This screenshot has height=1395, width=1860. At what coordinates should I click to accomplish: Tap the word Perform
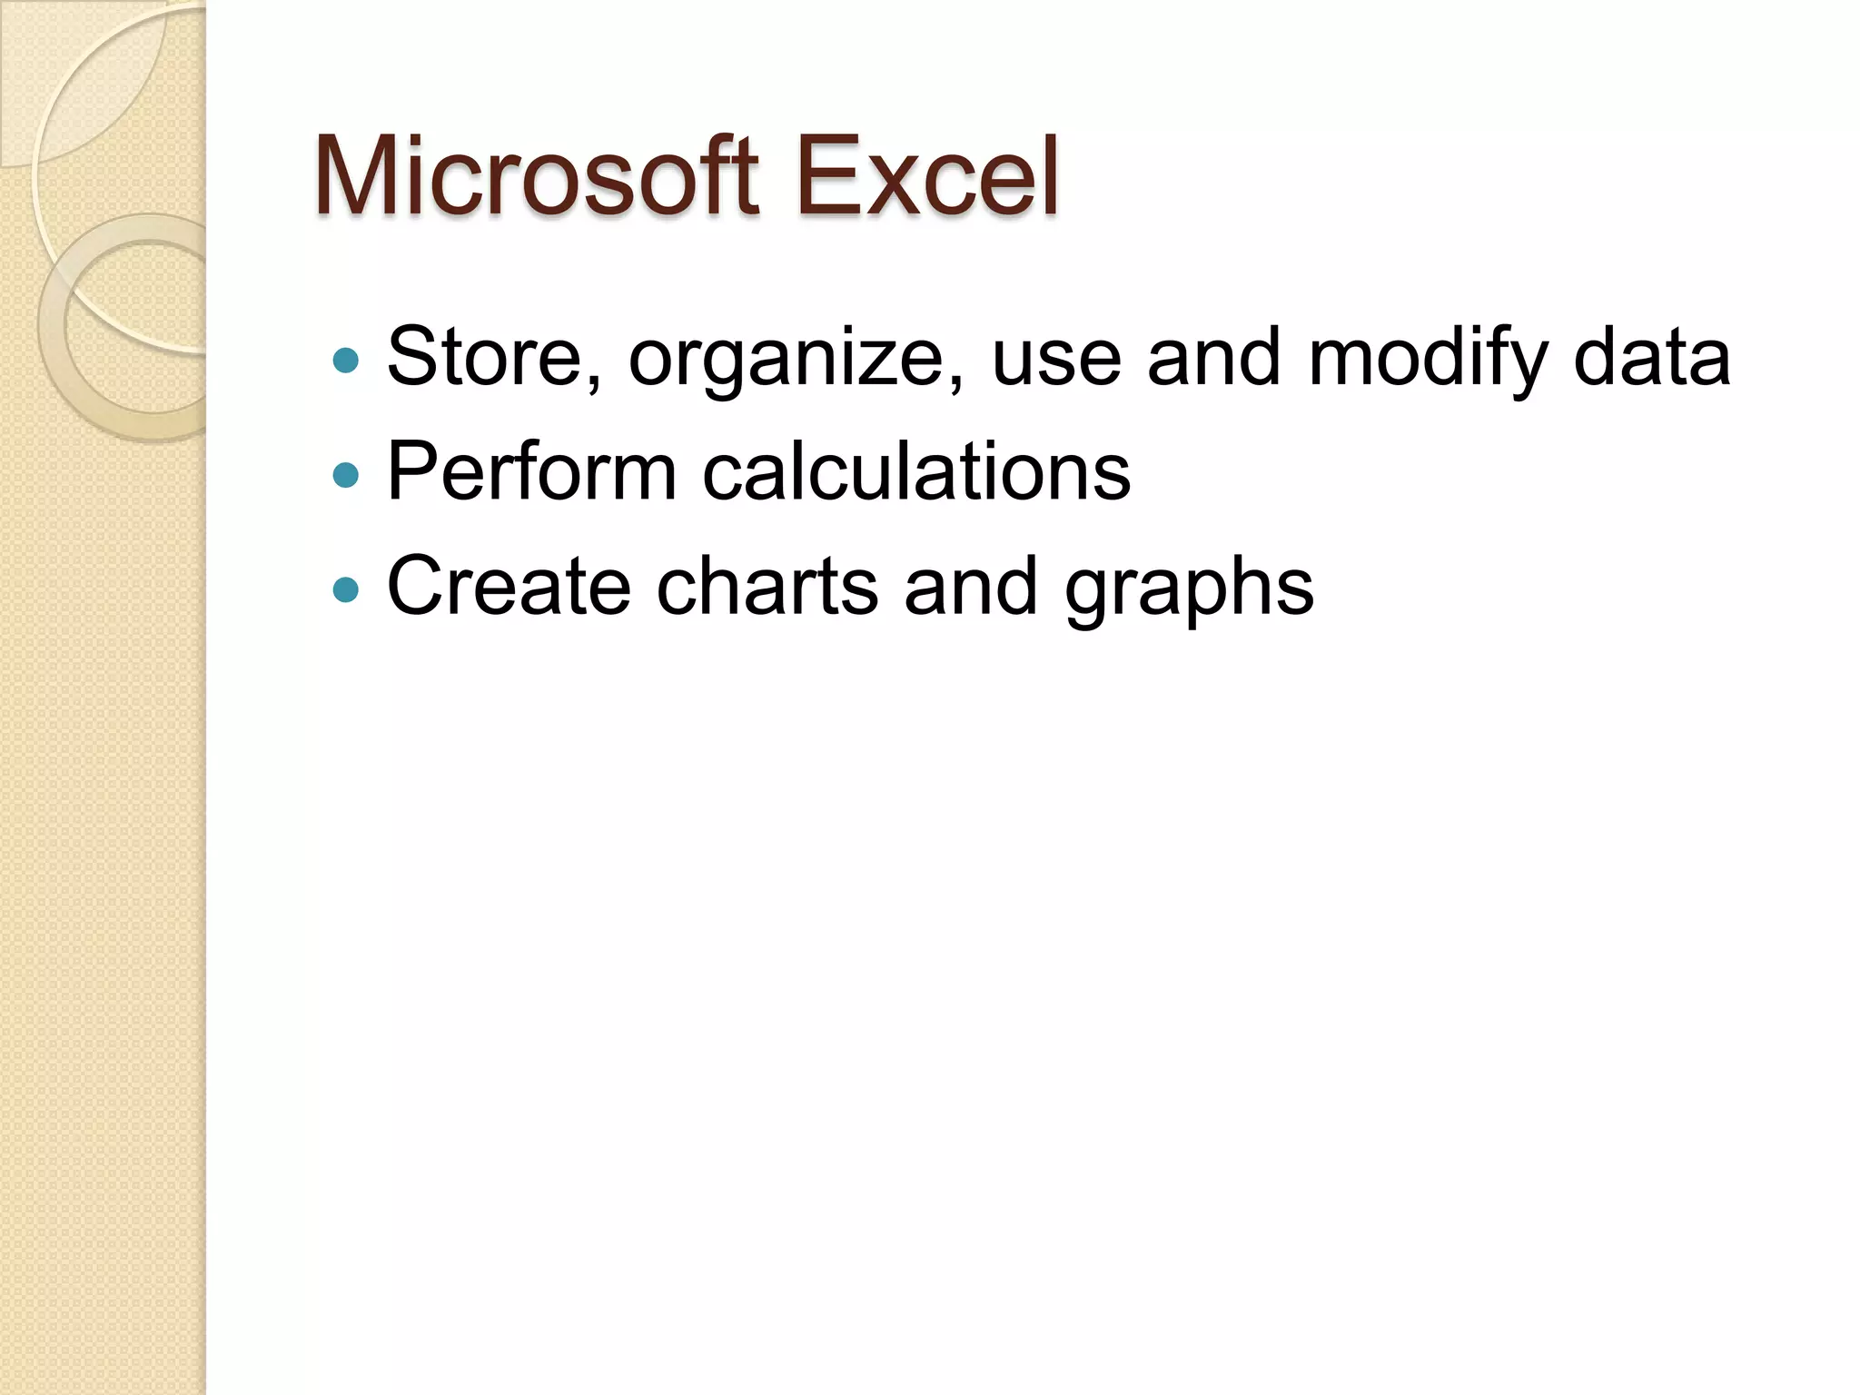pos(531,471)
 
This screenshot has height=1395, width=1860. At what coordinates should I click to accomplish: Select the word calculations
pos(916,471)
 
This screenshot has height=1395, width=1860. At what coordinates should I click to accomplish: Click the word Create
pos(509,586)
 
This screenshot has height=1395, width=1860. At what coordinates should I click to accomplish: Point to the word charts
pos(767,586)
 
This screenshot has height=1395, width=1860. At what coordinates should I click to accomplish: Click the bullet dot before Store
pos(346,361)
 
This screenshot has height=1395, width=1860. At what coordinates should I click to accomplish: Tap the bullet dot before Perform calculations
pos(346,475)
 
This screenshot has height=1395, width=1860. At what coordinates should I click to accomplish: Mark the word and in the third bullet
pos(971,586)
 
